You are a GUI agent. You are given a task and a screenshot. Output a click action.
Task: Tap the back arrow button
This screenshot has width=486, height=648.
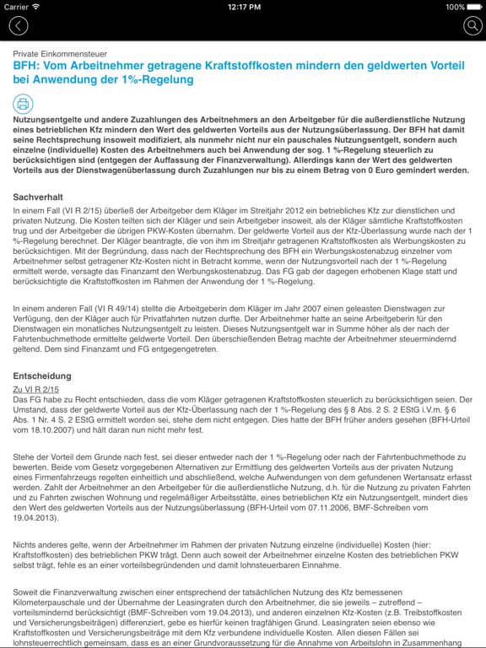19,26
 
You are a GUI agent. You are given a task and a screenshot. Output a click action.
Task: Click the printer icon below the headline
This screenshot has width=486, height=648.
23,104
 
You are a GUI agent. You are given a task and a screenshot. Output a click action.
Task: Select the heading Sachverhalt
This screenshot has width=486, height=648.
38,197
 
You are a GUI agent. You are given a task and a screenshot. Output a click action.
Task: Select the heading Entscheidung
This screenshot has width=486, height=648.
42,375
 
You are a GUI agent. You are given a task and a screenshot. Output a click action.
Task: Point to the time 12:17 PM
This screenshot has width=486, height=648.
243,7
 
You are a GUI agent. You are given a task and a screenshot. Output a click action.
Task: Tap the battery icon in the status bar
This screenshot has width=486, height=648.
473,7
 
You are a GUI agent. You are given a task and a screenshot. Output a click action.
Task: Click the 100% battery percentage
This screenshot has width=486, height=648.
455,7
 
